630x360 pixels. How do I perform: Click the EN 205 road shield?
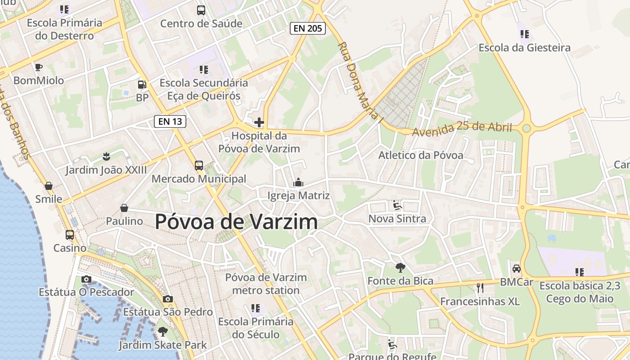(x=307, y=28)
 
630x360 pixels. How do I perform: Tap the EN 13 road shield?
(x=170, y=121)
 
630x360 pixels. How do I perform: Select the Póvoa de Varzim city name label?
(x=236, y=222)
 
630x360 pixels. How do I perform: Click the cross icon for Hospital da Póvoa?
(x=259, y=122)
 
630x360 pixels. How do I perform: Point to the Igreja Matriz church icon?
(x=298, y=183)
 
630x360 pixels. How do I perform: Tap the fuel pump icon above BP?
(x=142, y=85)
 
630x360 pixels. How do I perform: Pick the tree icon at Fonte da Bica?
(x=400, y=268)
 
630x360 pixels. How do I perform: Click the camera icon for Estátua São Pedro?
(x=168, y=299)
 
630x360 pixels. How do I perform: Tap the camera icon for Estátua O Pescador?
(x=86, y=279)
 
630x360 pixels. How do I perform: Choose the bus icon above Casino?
(x=70, y=234)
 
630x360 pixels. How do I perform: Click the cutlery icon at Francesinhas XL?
(x=480, y=288)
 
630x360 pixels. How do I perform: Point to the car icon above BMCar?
(x=516, y=269)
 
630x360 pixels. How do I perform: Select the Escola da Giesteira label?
(x=524, y=48)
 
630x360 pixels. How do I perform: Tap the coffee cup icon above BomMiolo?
(x=39, y=67)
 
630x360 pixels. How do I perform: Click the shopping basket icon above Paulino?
(x=124, y=208)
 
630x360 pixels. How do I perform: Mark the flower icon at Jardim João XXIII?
(x=106, y=157)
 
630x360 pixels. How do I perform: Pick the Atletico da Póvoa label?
(x=421, y=155)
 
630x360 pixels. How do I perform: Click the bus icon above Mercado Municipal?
(x=199, y=165)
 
